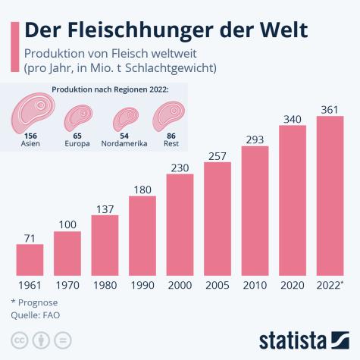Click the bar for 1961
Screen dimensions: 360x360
click(30, 259)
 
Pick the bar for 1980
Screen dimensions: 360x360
click(105, 245)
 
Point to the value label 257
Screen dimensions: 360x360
click(218, 154)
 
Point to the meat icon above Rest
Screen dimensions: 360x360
click(165, 116)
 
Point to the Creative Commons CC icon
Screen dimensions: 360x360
click(18, 338)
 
